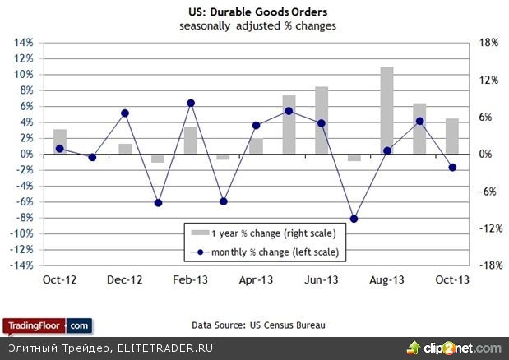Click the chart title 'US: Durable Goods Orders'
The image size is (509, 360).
[255, 13]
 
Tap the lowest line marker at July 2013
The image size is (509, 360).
[354, 219]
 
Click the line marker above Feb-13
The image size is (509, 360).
[191, 103]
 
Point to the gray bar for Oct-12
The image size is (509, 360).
[60, 141]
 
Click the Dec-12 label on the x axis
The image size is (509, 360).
[125, 279]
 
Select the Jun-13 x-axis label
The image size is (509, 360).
[322, 279]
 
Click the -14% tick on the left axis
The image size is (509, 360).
[23, 265]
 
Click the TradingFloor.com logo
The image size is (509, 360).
[46, 325]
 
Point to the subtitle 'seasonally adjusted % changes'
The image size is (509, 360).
[255, 26]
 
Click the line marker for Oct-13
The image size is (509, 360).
[452, 168]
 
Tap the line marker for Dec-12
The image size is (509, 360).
[125, 113]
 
